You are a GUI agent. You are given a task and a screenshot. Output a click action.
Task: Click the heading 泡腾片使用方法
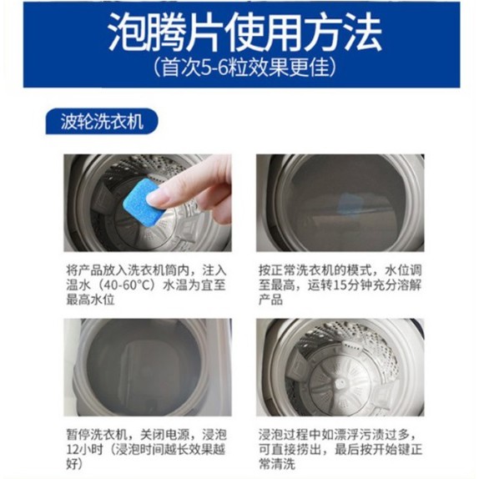pyautogui.click(x=245, y=32)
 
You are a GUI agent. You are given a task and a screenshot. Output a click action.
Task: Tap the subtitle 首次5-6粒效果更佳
pyautogui.click(x=245, y=67)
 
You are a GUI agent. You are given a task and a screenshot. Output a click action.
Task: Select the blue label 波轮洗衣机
pyautogui.click(x=102, y=122)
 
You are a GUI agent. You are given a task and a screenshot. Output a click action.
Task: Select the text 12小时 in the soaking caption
pyautogui.click(x=85, y=449)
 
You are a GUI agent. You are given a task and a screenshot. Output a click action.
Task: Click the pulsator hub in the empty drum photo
pyautogui.click(x=340, y=383)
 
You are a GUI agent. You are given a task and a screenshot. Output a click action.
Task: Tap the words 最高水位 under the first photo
pyautogui.click(x=91, y=300)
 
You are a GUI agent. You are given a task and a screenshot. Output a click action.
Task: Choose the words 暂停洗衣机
pyautogui.click(x=97, y=434)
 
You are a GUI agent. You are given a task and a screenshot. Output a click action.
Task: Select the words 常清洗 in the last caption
pyautogui.click(x=277, y=464)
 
